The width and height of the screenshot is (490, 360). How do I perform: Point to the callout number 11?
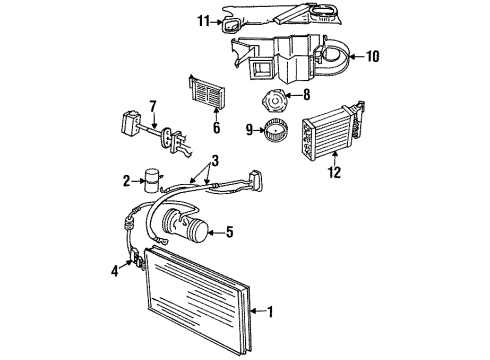pos(203,20)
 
